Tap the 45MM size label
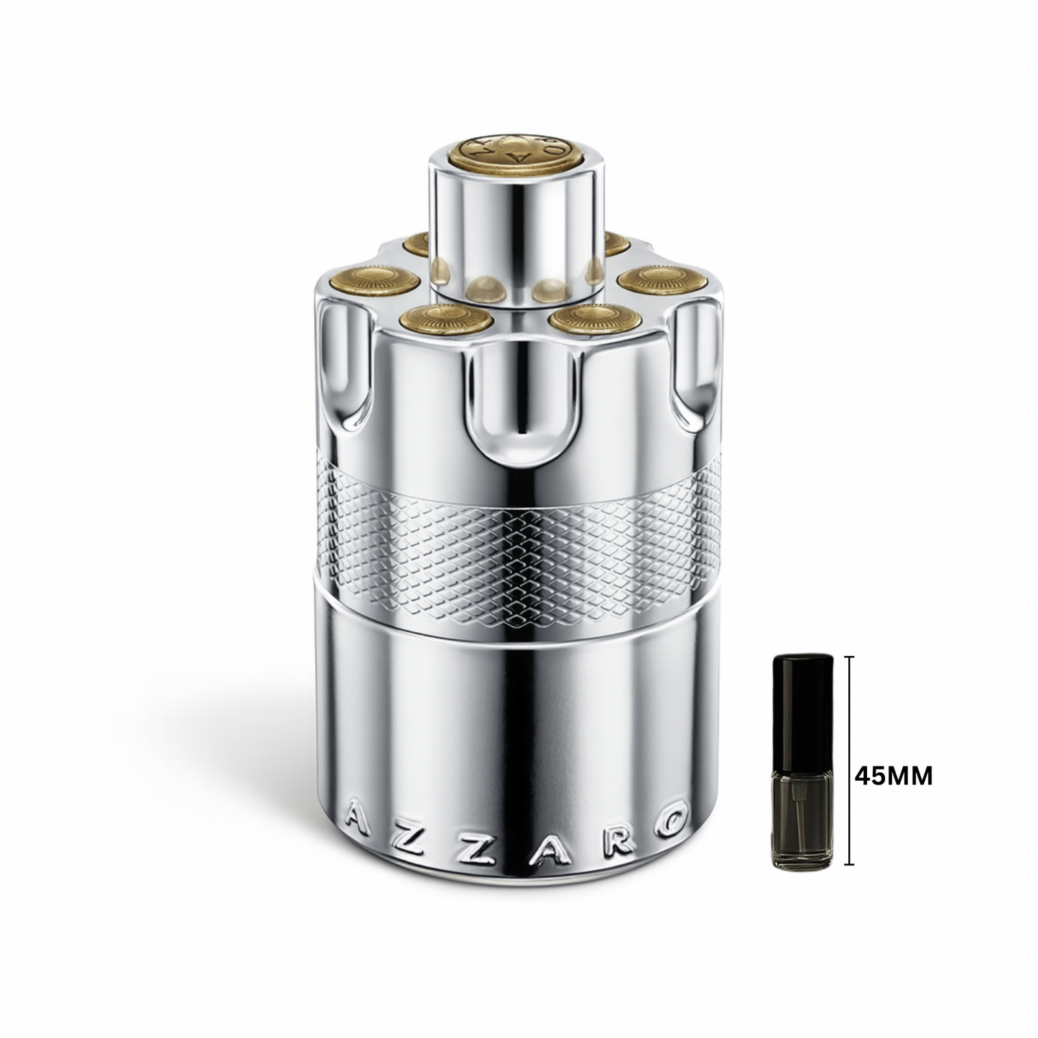[892, 776]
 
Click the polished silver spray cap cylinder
[514, 230]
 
